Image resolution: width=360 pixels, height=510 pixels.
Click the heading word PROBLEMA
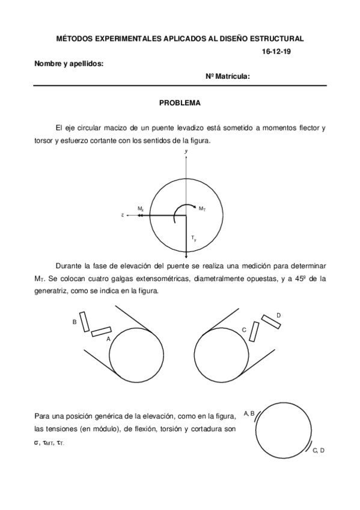click(179, 103)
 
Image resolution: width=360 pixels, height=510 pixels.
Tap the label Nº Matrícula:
click(228, 76)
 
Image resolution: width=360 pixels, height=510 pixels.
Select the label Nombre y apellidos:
click(69, 63)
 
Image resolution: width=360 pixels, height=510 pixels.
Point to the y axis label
click(187, 151)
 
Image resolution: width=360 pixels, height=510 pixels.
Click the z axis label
click(123, 215)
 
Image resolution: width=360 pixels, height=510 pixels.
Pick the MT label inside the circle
click(203, 208)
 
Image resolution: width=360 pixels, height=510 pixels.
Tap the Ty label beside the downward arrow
click(194, 239)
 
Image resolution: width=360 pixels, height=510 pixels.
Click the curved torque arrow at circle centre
click(178, 210)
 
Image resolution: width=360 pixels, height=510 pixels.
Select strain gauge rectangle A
click(101, 331)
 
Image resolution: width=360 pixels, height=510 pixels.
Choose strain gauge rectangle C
click(255, 331)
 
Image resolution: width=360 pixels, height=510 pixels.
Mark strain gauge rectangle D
click(270, 321)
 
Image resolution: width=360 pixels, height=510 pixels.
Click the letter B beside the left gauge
click(75, 322)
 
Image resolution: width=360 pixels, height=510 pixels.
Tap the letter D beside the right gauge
click(278, 315)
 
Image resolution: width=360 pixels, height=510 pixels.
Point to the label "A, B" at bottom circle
click(249, 413)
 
